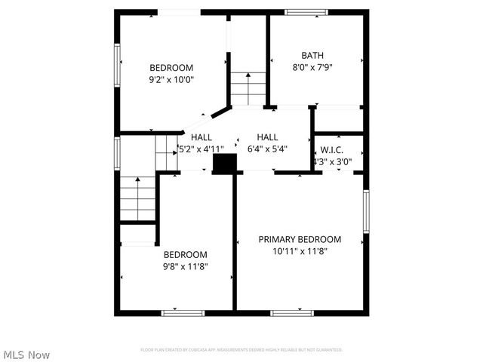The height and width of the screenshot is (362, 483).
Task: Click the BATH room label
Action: click(x=312, y=55)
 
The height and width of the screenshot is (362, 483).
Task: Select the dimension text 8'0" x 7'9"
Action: click(x=312, y=67)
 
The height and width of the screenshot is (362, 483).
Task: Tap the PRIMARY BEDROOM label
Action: click(x=300, y=239)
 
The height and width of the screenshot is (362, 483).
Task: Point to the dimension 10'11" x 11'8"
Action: click(x=300, y=252)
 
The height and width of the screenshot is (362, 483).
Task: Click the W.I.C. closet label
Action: click(x=332, y=149)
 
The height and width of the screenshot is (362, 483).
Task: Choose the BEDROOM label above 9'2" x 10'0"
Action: click(x=171, y=67)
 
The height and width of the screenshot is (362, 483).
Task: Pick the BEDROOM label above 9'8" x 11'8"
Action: click(x=186, y=254)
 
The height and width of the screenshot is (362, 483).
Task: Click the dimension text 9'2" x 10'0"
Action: click(x=171, y=79)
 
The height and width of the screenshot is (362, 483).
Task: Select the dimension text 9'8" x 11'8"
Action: click(x=186, y=266)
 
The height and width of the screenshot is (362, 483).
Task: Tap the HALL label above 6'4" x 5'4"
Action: click(x=267, y=137)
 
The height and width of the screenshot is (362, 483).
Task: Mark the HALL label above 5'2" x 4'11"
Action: click(x=202, y=137)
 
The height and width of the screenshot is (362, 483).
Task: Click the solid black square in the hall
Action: click(x=224, y=164)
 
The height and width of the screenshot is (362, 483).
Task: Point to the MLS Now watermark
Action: click(x=26, y=354)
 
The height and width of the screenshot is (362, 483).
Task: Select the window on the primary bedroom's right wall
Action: click(x=366, y=212)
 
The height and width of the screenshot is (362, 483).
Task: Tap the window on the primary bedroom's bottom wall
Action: click(x=292, y=312)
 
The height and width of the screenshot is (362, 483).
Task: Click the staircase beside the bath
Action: click(x=248, y=87)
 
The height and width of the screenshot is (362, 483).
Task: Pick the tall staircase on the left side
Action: click(x=137, y=197)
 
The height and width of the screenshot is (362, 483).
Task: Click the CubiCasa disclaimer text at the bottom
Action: click(x=241, y=350)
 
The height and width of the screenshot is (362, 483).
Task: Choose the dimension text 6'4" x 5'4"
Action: click(x=267, y=149)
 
